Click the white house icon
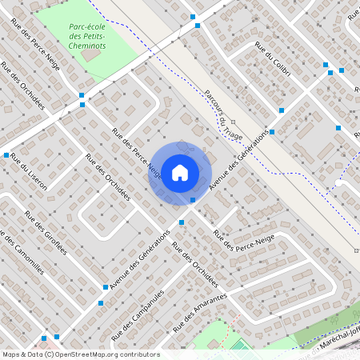(180, 172)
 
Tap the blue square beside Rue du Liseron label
(6, 155)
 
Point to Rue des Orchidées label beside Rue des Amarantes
(194, 266)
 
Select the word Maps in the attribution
(12, 354)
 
